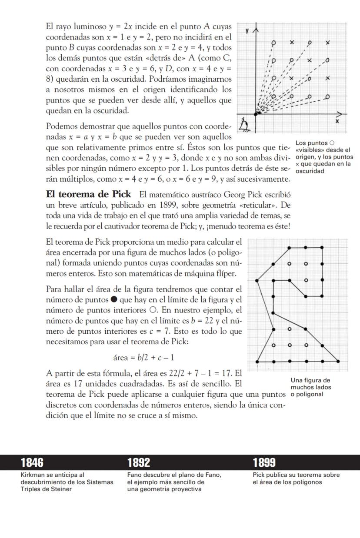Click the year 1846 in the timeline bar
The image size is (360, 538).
[x=32, y=462]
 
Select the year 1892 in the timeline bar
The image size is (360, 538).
[x=139, y=462]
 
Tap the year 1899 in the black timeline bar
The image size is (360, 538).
[x=264, y=462]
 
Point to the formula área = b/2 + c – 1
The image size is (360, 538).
[x=144, y=358]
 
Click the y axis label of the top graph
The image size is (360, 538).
[x=247, y=31]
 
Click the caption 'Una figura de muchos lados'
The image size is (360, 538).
[x=310, y=384]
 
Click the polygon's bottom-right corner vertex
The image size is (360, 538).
[x=338, y=361]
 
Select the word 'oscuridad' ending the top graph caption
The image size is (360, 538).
[x=310, y=171]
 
